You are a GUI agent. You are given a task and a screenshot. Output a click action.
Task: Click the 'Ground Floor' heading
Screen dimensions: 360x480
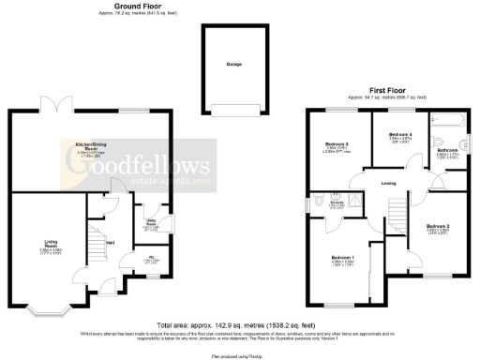coord(134,6)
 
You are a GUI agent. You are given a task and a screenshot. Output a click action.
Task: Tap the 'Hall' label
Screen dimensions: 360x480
coord(111,244)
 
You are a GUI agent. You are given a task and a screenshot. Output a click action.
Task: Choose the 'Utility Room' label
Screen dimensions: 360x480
coord(149,222)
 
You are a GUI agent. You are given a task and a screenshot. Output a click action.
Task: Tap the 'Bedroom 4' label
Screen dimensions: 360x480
coord(400,135)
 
